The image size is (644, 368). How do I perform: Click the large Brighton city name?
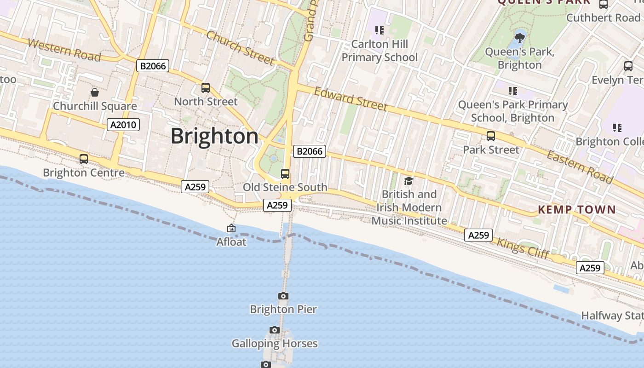(x=215, y=136)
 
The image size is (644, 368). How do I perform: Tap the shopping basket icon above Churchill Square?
(x=95, y=92)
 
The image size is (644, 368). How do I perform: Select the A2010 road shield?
(x=123, y=124)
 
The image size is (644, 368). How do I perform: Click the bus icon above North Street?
(x=206, y=87)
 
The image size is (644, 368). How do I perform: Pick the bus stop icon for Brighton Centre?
(x=84, y=159)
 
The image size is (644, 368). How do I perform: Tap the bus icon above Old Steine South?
(x=285, y=173)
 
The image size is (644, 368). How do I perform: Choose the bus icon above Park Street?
(x=491, y=136)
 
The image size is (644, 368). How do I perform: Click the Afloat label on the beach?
(x=231, y=241)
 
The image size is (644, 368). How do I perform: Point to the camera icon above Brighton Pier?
(x=283, y=296)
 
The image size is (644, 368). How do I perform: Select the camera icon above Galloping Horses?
(x=275, y=330)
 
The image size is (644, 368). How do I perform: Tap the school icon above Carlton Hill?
(x=379, y=30)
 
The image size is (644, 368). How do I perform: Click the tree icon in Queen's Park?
(x=520, y=37)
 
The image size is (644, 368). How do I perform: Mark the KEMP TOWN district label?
(x=577, y=210)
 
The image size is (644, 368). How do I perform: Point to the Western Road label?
(x=64, y=50)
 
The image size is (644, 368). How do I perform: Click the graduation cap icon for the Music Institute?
(x=408, y=181)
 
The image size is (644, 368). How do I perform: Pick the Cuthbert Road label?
(x=603, y=18)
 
